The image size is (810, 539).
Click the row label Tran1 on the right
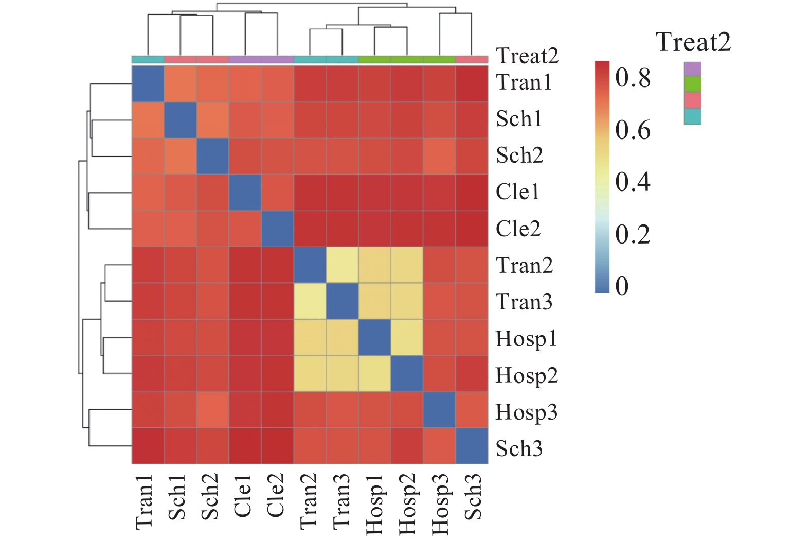click(524, 82)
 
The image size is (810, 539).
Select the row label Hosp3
click(526, 412)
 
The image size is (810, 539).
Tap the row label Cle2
click(518, 229)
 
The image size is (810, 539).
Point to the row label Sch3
click(519, 448)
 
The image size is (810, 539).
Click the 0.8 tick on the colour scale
click(633, 78)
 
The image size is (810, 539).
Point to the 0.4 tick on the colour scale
click(633, 182)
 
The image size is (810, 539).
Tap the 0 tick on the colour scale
click(622, 286)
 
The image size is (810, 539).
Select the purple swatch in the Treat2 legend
click(693, 68)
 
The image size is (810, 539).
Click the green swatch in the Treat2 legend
click(693, 84)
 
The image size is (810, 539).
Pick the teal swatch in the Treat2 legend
click(693, 117)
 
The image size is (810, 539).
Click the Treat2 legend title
click(693, 42)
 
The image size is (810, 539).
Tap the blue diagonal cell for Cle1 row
click(245, 192)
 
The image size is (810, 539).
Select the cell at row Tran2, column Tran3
click(342, 265)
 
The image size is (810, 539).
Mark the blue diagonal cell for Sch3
click(472, 446)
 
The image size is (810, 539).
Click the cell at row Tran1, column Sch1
click(180, 84)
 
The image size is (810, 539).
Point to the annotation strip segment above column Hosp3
click(439, 59)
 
